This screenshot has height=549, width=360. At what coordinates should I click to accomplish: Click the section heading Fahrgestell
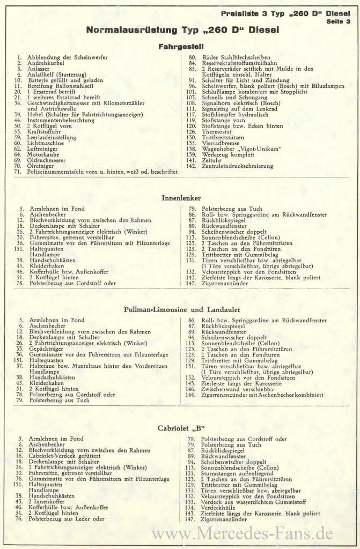180,46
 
